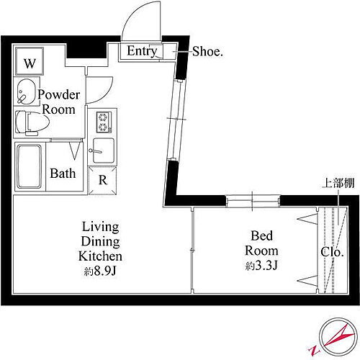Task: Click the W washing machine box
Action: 30,63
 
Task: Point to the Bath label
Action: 62,174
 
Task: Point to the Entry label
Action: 142,51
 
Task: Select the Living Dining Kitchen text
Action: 100,243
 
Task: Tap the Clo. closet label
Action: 331,253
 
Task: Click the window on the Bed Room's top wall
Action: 252,200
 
